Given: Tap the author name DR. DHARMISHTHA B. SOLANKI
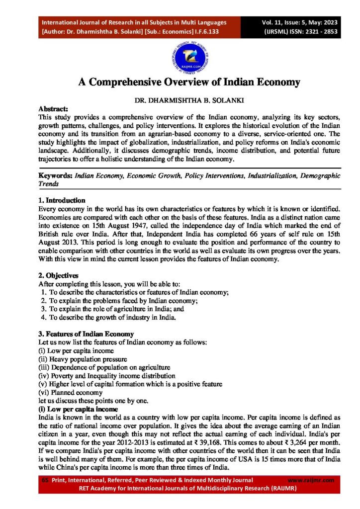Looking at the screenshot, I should [x=180, y=100].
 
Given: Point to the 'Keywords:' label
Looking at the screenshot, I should [x=56, y=175].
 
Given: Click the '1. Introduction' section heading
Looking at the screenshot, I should [x=62, y=200].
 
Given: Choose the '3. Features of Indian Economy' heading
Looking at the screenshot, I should [x=86, y=333].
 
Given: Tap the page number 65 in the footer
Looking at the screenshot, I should [x=45, y=480].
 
